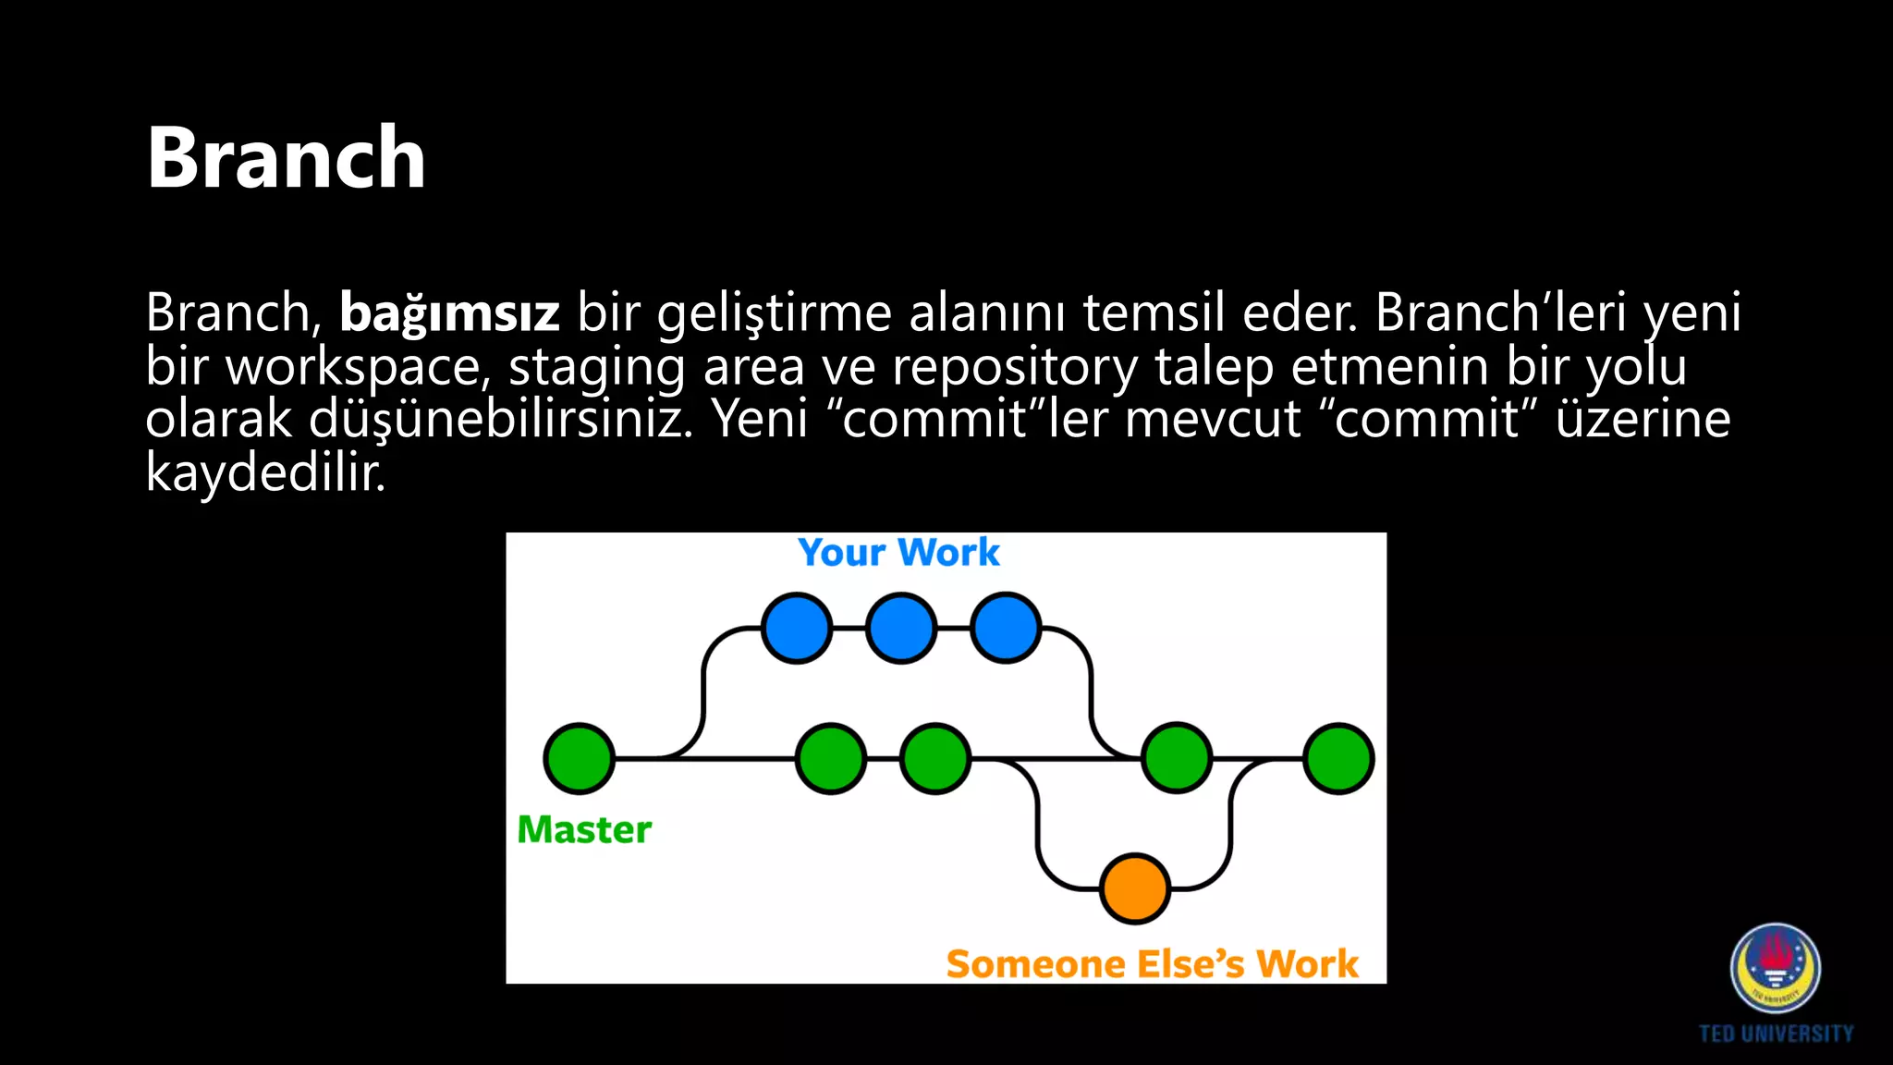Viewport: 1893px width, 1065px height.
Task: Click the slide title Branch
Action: (286, 158)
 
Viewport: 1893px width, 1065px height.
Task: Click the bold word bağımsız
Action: (449, 312)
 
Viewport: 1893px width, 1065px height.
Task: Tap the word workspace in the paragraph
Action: (353, 367)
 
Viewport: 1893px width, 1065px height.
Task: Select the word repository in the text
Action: (1015, 367)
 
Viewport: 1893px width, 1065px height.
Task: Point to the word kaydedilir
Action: (265, 472)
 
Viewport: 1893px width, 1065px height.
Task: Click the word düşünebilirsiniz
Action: (500, 419)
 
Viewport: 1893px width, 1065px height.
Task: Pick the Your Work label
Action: (898, 553)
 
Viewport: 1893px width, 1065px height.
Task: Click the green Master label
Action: (584, 829)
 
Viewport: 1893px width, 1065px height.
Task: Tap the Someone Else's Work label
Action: (1152, 964)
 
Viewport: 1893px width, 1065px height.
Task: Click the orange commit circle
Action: (1135, 888)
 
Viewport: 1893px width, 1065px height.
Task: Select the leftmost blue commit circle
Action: (797, 629)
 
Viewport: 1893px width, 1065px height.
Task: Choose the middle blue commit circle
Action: (901, 629)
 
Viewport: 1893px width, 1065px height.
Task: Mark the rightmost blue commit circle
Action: (1007, 629)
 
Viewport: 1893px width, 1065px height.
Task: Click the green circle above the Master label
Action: (580, 759)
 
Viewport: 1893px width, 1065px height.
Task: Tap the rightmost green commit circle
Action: (1338, 759)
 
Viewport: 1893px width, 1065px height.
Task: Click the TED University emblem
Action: (1776, 968)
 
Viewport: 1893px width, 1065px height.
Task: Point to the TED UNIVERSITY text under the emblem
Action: (1776, 1034)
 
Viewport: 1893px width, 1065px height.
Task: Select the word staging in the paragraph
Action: (597, 367)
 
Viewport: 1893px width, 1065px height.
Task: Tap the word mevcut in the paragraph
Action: (1213, 419)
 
